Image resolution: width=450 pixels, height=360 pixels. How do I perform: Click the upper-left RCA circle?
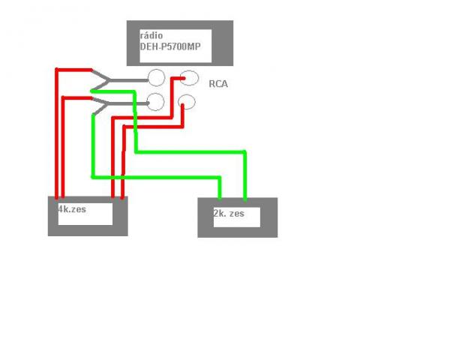click(157, 78)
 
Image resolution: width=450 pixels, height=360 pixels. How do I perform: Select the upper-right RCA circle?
click(189, 78)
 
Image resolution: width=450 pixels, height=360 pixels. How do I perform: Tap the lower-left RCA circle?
click(156, 103)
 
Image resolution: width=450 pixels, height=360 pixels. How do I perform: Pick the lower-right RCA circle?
click(186, 101)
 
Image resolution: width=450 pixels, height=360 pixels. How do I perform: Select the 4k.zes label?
click(73, 209)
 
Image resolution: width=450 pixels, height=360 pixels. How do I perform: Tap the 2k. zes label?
click(229, 214)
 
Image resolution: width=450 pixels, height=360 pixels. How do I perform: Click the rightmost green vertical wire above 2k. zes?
click(244, 176)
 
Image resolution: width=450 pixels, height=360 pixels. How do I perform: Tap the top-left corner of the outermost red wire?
click(56, 70)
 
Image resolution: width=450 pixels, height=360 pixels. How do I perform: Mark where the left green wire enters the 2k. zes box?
click(220, 197)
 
